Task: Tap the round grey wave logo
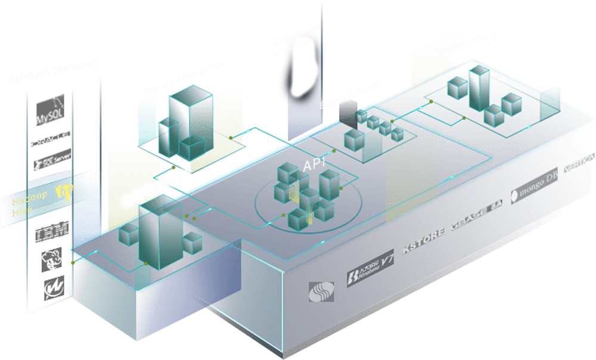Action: pyautogui.click(x=321, y=291)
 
